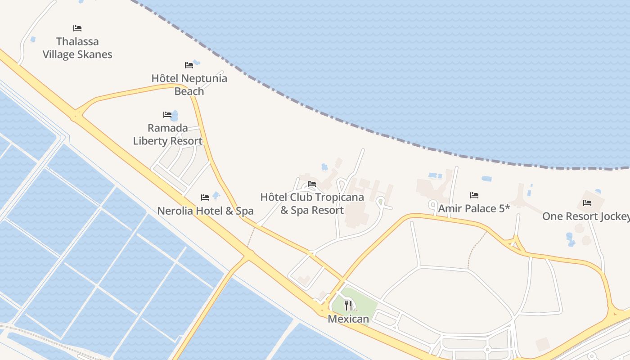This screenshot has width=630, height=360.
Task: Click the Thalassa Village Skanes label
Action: pos(77,48)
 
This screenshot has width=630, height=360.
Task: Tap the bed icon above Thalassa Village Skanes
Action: pos(77,28)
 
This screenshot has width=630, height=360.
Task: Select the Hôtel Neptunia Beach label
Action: pos(189,85)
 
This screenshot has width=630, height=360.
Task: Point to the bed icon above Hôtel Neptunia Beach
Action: pos(189,65)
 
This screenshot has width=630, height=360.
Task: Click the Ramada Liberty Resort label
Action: pos(167,134)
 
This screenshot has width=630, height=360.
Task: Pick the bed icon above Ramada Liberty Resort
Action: pos(167,115)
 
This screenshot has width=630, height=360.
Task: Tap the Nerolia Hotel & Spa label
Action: pos(205,211)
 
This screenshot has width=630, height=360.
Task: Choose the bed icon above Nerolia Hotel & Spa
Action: pos(205,197)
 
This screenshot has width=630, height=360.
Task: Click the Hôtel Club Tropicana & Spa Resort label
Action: pos(312,203)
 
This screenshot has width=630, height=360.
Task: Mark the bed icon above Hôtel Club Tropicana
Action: pos(311,184)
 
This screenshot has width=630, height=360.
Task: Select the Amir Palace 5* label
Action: pos(474,208)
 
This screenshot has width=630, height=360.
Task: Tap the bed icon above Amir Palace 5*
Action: pos(474,195)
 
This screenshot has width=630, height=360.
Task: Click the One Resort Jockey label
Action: pos(585,216)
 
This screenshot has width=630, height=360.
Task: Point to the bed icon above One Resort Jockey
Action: pos(587,202)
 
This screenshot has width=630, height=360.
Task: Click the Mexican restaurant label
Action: pos(348,319)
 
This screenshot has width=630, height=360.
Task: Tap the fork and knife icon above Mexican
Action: pos(348,306)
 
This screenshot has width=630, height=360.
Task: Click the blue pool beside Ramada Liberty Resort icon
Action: pos(175,116)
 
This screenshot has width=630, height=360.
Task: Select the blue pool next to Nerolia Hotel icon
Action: pos(216,195)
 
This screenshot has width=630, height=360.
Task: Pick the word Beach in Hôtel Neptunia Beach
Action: pos(189,91)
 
